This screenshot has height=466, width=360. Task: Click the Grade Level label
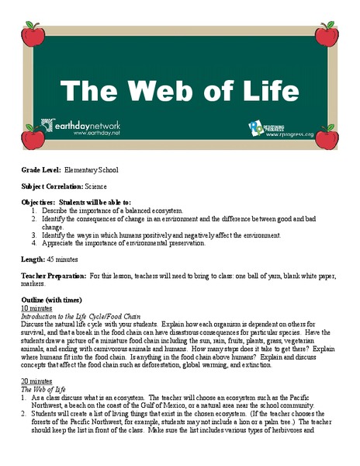pyautogui.click(x=40, y=169)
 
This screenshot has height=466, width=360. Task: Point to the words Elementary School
pyautogui.click(x=92, y=169)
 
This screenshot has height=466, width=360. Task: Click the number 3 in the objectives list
pyautogui.click(x=34, y=235)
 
